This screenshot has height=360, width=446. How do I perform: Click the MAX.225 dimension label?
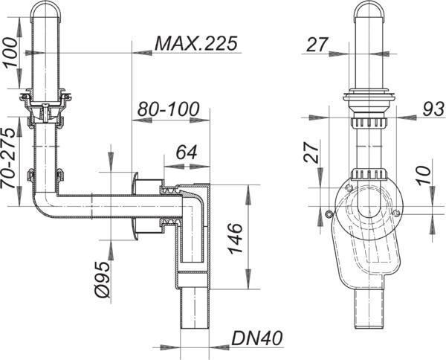196,44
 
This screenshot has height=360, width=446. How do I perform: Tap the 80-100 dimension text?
169,109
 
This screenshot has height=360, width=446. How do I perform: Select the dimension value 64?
187,152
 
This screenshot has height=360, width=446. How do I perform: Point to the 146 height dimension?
235,238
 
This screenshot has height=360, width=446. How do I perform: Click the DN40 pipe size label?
257,338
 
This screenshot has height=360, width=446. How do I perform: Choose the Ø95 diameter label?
103,280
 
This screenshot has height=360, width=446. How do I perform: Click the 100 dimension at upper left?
10,52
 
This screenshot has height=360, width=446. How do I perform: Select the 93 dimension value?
433,109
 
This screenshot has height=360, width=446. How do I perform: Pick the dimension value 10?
424,176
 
